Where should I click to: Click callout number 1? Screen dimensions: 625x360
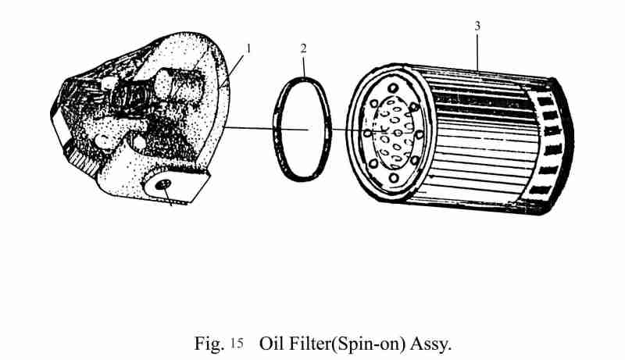[248, 49]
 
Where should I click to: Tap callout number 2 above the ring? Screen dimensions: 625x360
[304, 48]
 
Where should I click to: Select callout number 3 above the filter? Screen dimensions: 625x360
[477, 26]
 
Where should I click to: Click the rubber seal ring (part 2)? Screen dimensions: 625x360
[302, 129]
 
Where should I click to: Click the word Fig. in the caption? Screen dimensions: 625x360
[209, 344]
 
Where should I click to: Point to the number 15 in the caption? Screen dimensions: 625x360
[237, 344]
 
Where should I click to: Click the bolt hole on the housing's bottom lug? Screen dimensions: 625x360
[163, 184]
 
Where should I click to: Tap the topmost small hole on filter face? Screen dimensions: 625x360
[393, 87]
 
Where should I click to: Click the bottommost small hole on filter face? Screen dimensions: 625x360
[394, 177]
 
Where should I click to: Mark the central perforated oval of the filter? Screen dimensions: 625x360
[393, 133]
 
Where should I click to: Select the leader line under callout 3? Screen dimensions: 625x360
[477, 52]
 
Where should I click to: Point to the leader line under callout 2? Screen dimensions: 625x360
[304, 66]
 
